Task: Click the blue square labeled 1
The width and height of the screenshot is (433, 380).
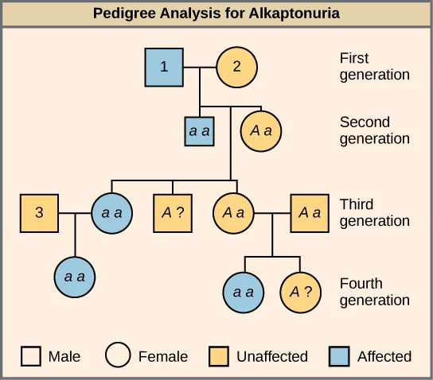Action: tap(164, 67)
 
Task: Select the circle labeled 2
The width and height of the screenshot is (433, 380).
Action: tap(236, 67)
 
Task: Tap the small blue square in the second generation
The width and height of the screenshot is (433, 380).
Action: tap(198, 130)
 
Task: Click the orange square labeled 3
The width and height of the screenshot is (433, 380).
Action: tap(40, 213)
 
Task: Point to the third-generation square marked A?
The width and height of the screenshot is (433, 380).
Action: tap(173, 213)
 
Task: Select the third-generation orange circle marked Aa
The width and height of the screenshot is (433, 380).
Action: tap(233, 213)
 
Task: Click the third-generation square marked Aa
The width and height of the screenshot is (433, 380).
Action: tap(310, 213)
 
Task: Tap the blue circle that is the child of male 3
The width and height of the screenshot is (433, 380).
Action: tap(75, 277)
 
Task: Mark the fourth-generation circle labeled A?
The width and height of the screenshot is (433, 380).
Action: tap(300, 292)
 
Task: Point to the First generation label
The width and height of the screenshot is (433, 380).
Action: tap(374, 67)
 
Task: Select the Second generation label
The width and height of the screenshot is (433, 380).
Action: tap(374, 130)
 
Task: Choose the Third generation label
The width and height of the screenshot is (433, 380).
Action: tap(374, 212)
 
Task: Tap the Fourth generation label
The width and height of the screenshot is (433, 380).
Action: tap(374, 292)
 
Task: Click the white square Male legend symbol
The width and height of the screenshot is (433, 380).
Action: tap(31, 355)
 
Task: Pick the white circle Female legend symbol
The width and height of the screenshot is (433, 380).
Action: tap(119, 355)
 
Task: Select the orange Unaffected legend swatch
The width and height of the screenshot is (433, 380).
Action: tap(220, 355)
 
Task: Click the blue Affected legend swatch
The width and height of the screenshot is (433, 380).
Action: tap(341, 355)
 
